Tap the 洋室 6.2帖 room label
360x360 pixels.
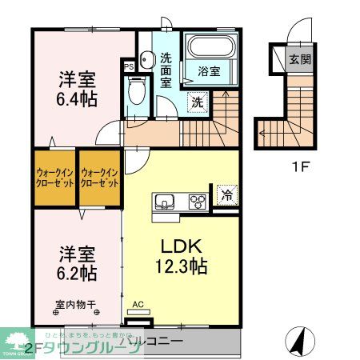[78, 264]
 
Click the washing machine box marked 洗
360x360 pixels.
[197, 102]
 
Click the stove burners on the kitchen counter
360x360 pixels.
[195, 202]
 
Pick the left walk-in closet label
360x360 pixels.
[54, 177]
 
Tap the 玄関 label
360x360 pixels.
[300, 59]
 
